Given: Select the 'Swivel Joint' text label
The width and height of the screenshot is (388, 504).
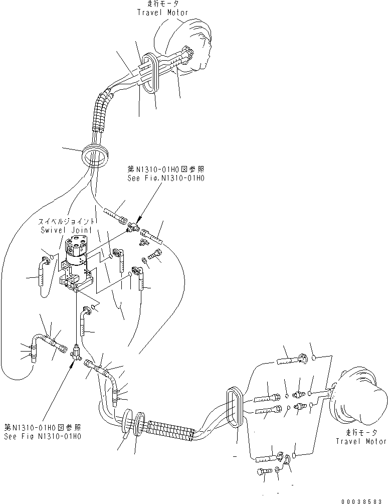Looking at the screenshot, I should (x=67, y=230).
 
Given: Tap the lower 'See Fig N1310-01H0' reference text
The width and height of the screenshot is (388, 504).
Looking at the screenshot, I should (x=43, y=435).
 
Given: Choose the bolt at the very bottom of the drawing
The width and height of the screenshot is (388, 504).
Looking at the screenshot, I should (x=265, y=471).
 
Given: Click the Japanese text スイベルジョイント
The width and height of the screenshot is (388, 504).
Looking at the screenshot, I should (x=67, y=221).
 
